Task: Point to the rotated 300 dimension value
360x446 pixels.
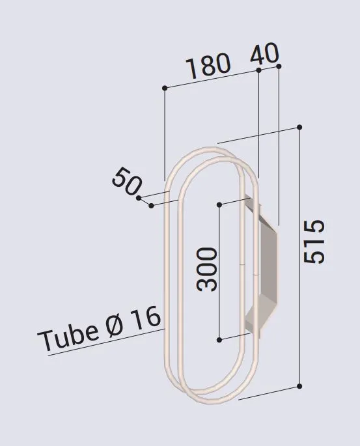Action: click(207, 269)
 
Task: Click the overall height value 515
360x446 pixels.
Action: click(314, 242)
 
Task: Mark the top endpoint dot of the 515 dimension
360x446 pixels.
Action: click(299, 127)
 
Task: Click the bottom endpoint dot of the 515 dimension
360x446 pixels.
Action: click(299, 386)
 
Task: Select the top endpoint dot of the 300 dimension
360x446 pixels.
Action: click(219, 205)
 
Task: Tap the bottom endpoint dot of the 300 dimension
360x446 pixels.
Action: click(219, 340)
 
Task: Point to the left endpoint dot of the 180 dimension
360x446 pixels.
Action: click(165, 87)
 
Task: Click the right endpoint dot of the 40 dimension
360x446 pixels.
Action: click(279, 66)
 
